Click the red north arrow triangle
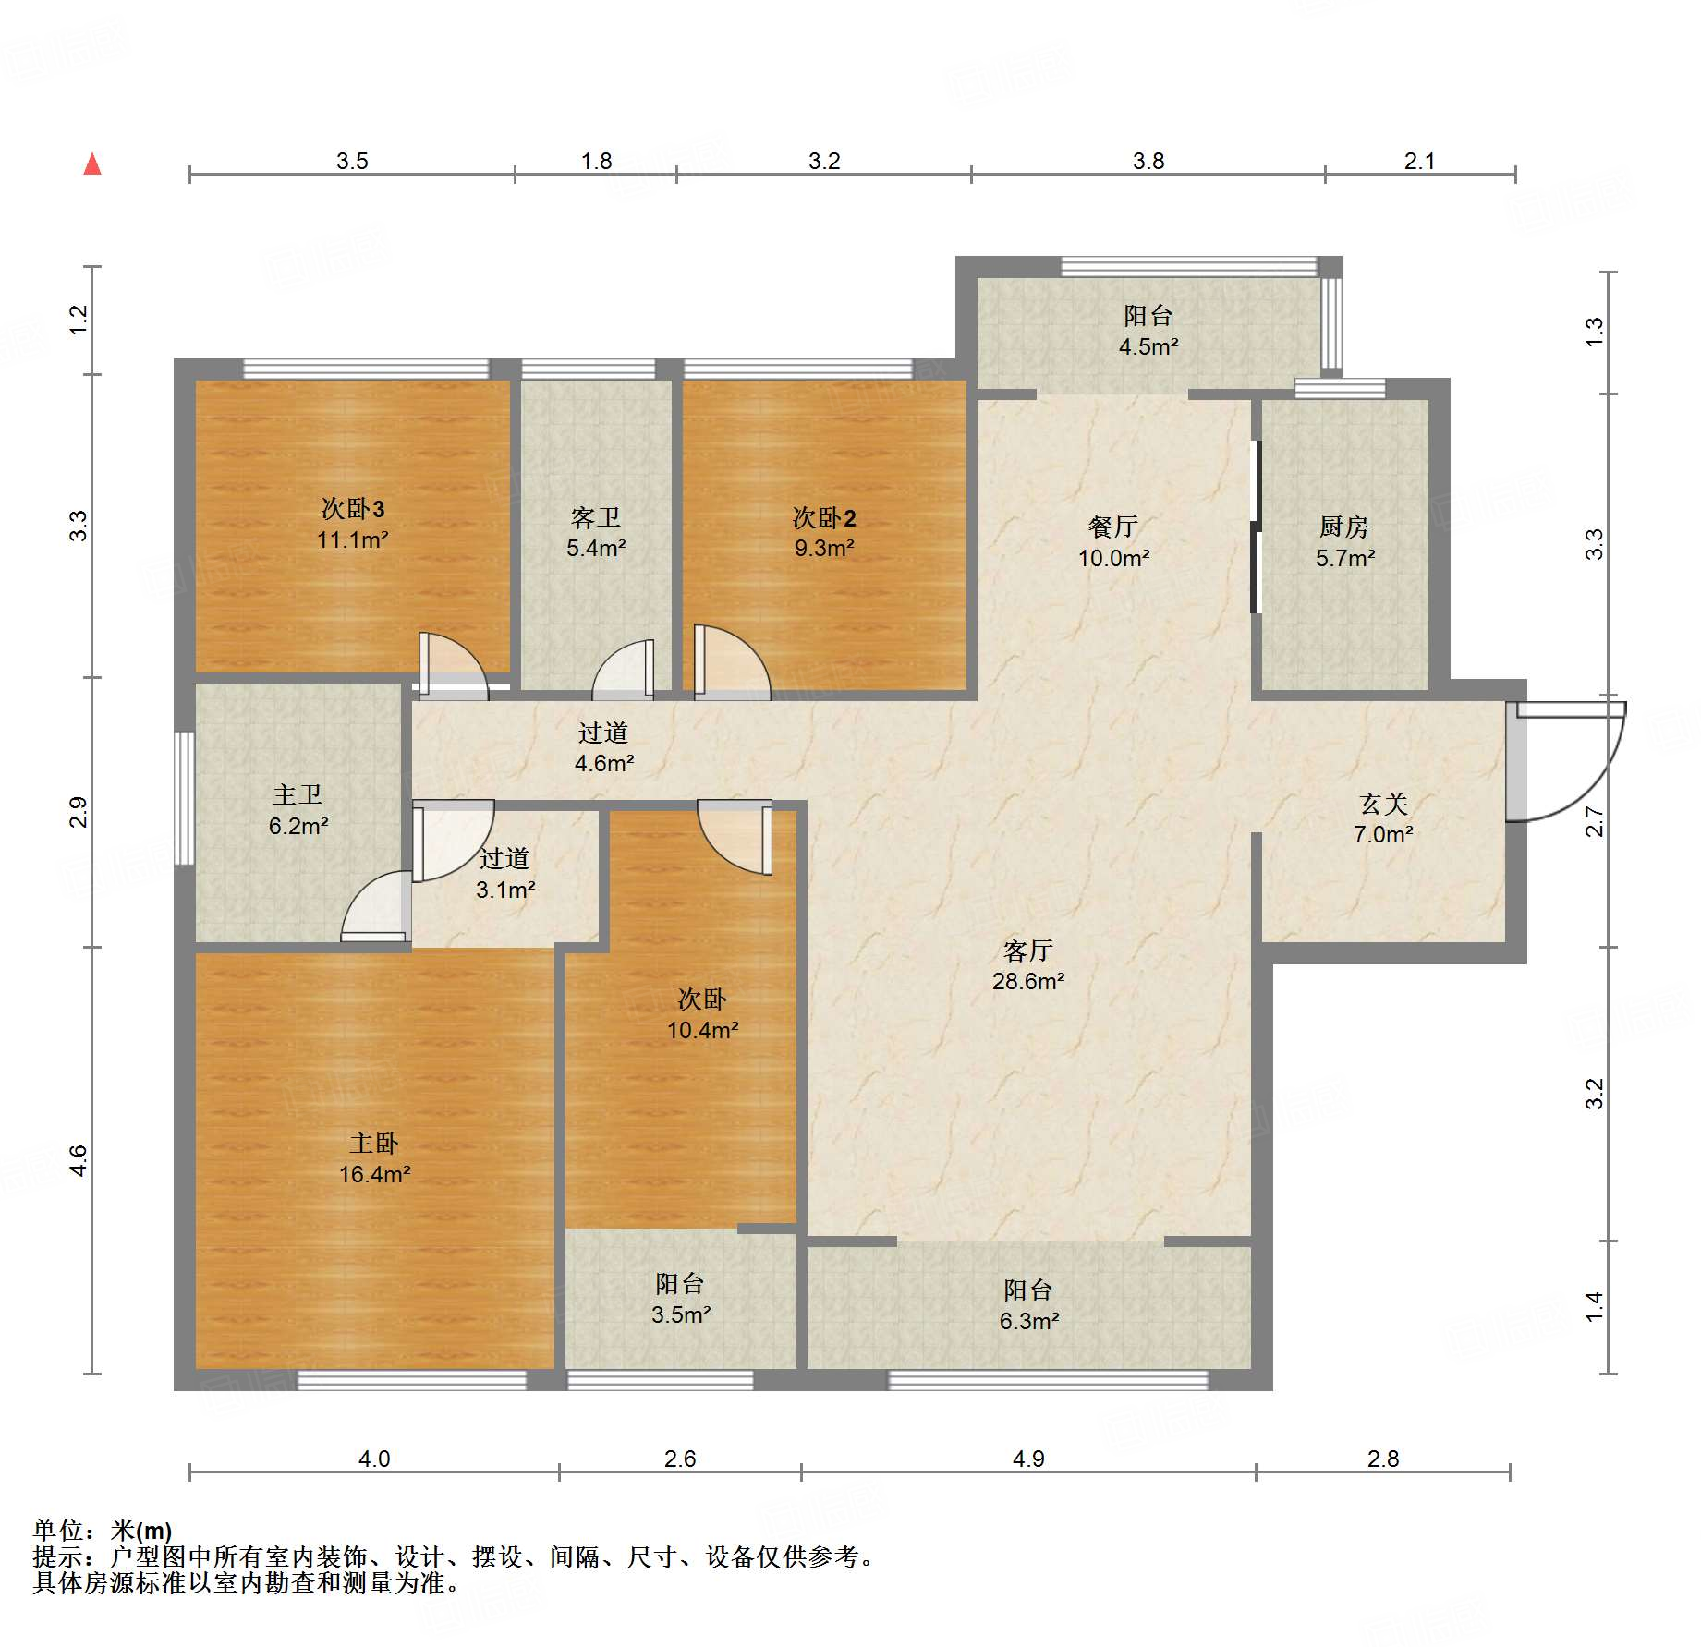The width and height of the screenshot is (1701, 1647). tap(92, 164)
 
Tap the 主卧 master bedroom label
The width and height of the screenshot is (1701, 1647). tap(374, 1144)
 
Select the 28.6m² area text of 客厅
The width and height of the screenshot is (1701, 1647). tap(1028, 981)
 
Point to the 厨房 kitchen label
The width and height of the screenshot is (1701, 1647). tap(1344, 527)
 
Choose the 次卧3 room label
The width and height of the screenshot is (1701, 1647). tap(353, 508)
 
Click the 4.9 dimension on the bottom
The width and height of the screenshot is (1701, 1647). tap(1028, 1459)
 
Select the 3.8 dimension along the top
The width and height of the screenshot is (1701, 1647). tap(1148, 161)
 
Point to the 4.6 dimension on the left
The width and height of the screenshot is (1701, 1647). tap(79, 1160)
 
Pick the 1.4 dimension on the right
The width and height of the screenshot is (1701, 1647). tap(1595, 1306)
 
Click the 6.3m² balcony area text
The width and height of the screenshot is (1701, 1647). tap(1029, 1321)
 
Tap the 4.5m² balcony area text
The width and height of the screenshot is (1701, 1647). tap(1148, 346)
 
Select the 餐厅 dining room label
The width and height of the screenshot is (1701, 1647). tap(1113, 527)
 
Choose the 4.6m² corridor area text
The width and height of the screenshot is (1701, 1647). tap(604, 763)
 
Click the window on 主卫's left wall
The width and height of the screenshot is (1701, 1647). tap(185, 799)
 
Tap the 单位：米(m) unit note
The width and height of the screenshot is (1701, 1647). tap(103, 1531)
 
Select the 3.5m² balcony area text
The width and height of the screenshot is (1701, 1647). tap(681, 1314)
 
